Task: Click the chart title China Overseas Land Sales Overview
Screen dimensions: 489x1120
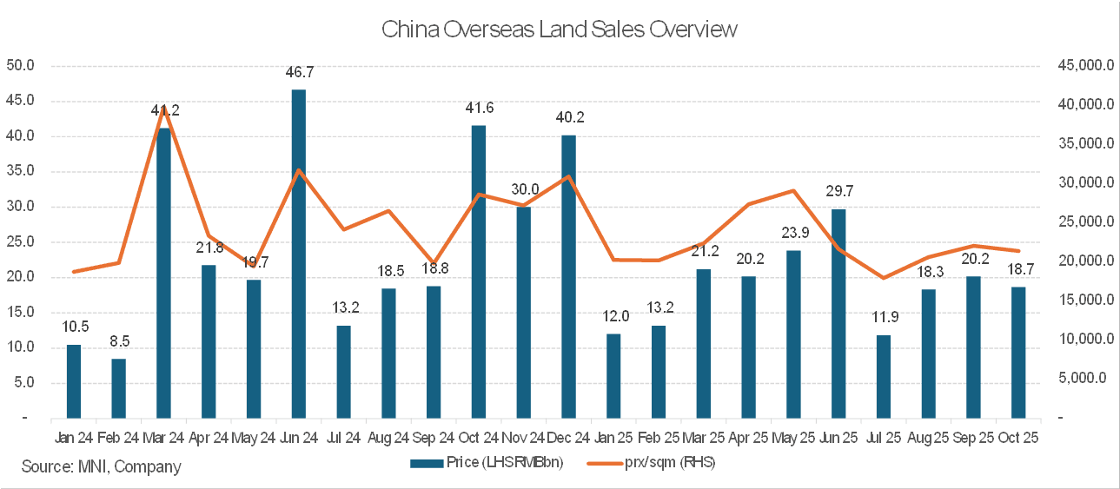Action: coord(560,29)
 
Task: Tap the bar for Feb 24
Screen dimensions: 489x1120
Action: coord(118,388)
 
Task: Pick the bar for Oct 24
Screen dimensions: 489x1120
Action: coord(478,271)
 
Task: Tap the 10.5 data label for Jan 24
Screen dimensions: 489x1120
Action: coord(74,327)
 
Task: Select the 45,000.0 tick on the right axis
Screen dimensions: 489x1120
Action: coord(1078,65)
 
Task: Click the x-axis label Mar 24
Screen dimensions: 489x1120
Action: coord(163,438)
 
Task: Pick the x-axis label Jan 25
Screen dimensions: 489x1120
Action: coord(613,438)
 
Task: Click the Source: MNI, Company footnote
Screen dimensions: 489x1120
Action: coord(102,466)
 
